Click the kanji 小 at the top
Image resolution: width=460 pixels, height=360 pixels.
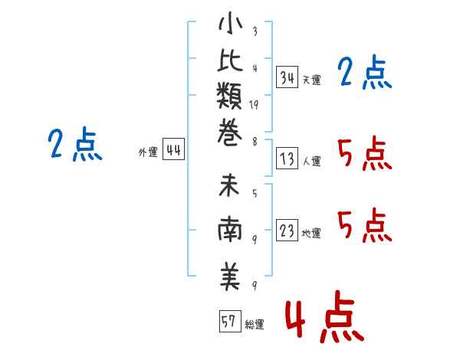pyautogui.click(x=230, y=24)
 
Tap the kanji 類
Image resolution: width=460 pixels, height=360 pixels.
pyautogui.click(x=229, y=96)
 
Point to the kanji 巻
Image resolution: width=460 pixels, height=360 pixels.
pyautogui.click(x=230, y=133)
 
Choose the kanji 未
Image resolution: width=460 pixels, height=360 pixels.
pyautogui.click(x=229, y=185)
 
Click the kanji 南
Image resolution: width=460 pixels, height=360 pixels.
pyautogui.click(x=230, y=229)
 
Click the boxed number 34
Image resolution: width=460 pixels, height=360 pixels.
pyautogui.click(x=287, y=77)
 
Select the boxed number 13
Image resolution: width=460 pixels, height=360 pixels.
pyautogui.click(x=287, y=159)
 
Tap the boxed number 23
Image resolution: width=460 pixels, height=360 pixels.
pyautogui.click(x=287, y=230)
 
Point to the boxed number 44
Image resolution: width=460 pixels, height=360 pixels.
pyautogui.click(x=173, y=149)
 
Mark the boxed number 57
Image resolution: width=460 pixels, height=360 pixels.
pyautogui.click(x=230, y=321)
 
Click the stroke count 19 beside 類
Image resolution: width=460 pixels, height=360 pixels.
pyautogui.click(x=254, y=105)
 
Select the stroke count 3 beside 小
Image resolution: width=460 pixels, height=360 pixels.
pyautogui.click(x=255, y=31)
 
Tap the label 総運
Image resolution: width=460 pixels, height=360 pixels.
pyautogui.click(x=255, y=325)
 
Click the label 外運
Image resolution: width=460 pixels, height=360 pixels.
pyautogui.click(x=148, y=152)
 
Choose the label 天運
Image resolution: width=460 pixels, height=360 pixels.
pyautogui.click(x=312, y=80)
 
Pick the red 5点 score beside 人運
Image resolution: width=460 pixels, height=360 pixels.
pyautogui.click(x=365, y=154)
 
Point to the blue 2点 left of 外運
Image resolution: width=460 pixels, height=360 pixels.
pyautogui.click(x=75, y=144)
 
